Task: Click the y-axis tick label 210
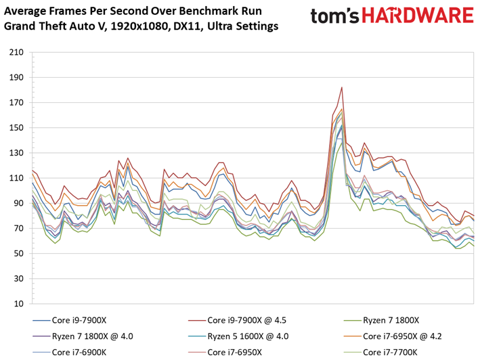click(16, 52)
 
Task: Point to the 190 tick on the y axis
click(16, 77)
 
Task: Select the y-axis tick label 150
click(16, 127)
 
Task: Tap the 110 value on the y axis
click(16, 178)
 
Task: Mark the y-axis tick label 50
click(18, 253)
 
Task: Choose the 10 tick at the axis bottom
click(18, 304)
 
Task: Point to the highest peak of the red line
click(342, 87)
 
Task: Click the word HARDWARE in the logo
click(418, 16)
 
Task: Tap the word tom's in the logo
click(334, 16)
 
